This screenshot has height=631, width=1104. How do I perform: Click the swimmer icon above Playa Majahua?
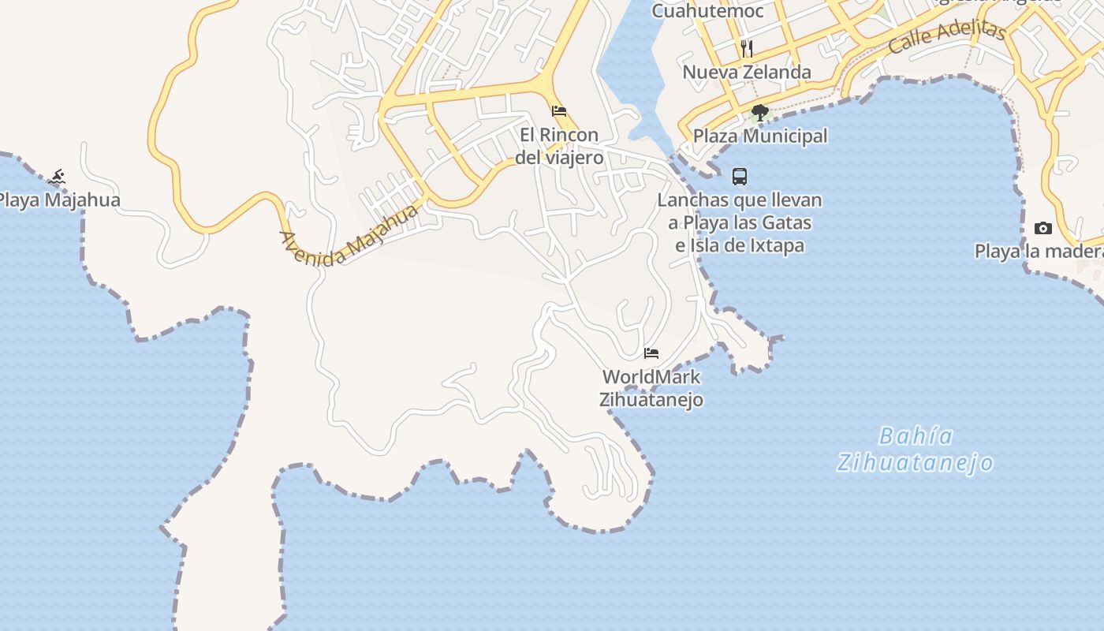tap(56, 177)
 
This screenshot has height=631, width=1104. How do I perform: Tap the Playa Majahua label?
tap(60, 200)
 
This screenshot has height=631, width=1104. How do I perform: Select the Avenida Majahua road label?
tap(349, 236)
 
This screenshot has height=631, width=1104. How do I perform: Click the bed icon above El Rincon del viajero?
tap(559, 110)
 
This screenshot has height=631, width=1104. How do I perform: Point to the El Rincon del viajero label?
tap(559, 146)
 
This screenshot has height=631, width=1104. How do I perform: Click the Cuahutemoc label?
tap(707, 11)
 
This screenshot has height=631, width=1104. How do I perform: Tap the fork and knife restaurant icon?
tap(747, 49)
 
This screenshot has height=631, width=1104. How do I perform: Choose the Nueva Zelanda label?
tap(747, 73)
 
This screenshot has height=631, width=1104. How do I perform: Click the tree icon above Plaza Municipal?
tap(760, 113)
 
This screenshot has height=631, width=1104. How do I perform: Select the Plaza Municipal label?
tap(760, 136)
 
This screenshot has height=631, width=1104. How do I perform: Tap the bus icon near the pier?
tap(740, 176)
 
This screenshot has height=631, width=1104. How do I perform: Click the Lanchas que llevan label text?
tap(740, 200)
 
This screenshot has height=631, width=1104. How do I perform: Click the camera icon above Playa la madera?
tap(1043, 229)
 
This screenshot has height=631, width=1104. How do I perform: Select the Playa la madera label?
tap(1039, 252)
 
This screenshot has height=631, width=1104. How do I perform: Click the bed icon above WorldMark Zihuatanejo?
tap(651, 353)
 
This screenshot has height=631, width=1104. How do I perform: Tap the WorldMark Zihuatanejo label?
tap(651, 388)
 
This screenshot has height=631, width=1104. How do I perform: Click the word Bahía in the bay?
tap(916, 436)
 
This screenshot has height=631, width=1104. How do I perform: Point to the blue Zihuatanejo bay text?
tap(915, 462)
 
